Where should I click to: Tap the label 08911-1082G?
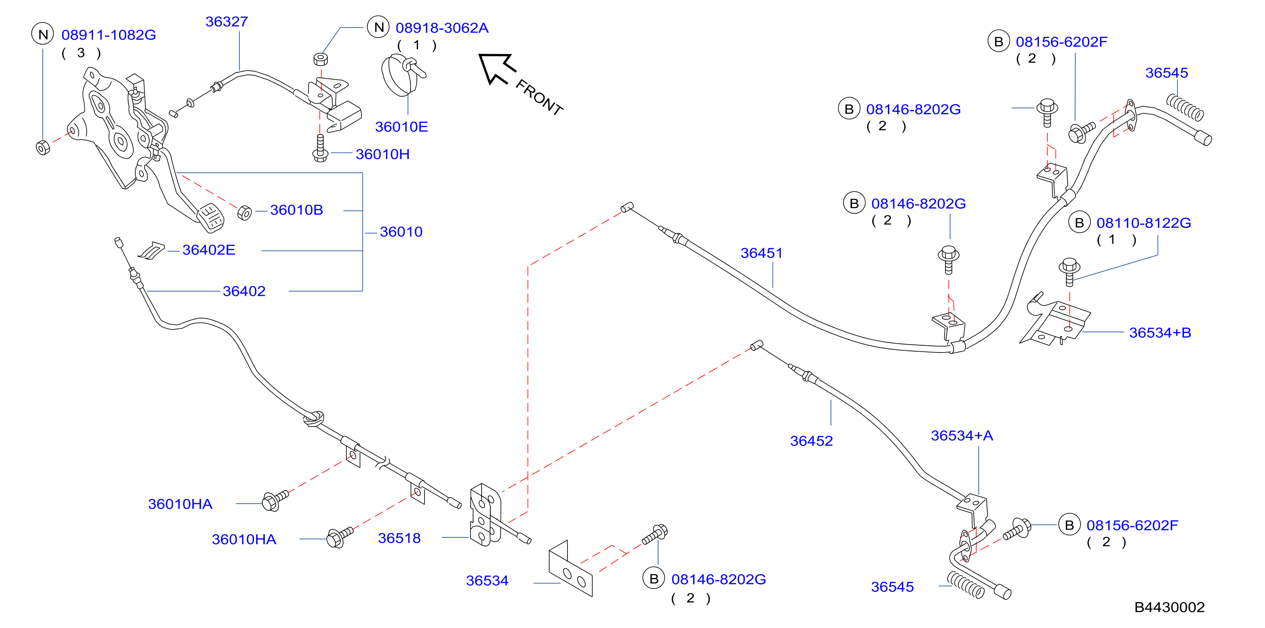(109, 35)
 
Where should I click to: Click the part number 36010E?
(401, 127)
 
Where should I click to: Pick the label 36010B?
(297, 210)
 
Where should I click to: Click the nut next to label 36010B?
(244, 213)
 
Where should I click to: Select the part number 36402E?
(209, 250)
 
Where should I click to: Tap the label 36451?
(761, 253)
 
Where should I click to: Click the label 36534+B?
(1160, 333)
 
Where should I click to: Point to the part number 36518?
(399, 538)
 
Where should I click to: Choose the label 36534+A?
(962, 435)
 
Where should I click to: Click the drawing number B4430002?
(1169, 607)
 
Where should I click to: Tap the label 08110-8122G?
(1144, 223)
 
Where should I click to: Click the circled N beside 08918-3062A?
(379, 27)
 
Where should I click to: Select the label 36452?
(811, 441)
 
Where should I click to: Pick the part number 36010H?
(383, 154)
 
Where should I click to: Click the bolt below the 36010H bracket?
(320, 149)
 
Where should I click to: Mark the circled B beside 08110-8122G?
(1079, 223)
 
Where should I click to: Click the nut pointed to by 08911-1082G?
(43, 147)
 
